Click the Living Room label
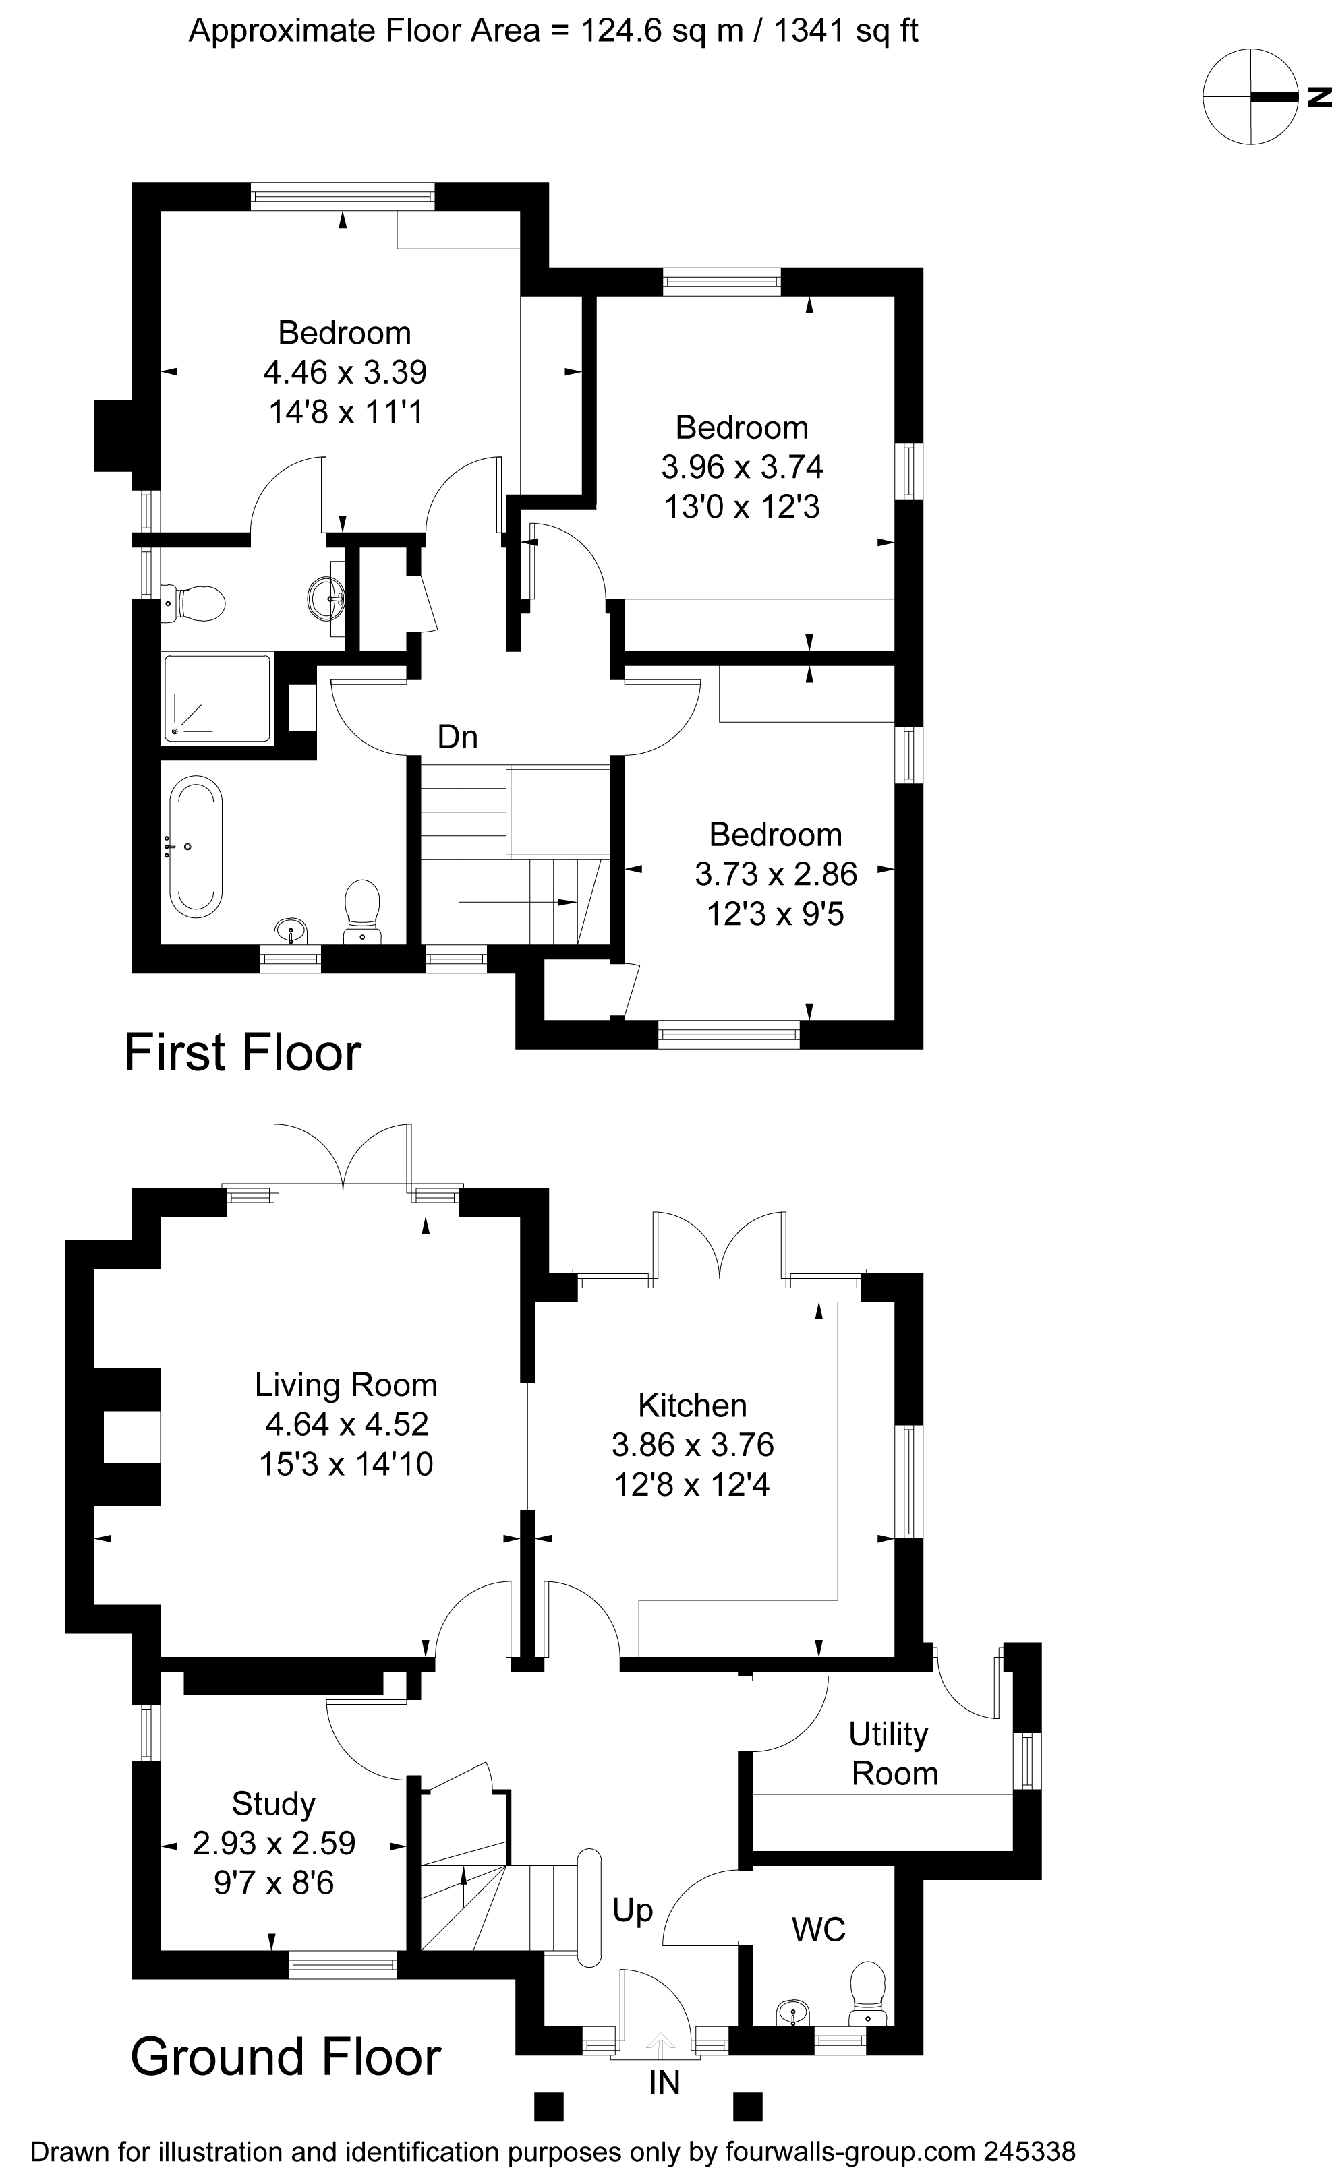345,1385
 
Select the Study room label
273,1803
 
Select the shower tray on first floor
216,698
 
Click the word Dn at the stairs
457,737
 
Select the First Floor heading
243,1053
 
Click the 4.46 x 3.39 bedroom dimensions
345,373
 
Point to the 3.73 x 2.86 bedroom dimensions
776,874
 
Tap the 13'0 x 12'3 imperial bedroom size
742,507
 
